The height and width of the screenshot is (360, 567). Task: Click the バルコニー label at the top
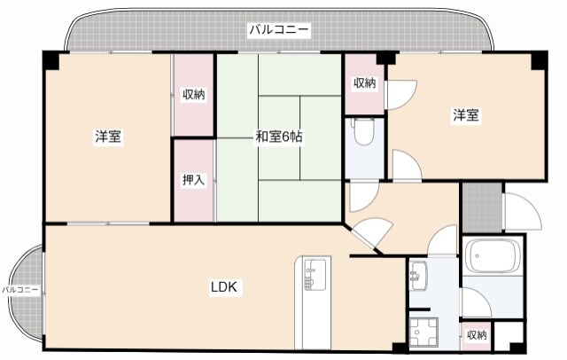coord(278,30)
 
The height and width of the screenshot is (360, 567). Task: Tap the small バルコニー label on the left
coord(19,290)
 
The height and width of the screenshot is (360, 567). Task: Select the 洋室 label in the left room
coord(108,137)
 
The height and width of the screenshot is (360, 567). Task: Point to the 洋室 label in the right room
coord(466,115)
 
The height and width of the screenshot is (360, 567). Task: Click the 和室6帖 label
coord(279,137)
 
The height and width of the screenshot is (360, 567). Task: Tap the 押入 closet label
coord(193,180)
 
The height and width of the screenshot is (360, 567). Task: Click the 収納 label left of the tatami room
coord(194,95)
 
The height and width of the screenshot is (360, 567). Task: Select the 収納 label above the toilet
coord(364,83)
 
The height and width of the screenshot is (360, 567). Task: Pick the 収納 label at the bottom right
coord(477,335)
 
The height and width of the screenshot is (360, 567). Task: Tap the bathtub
coord(494,257)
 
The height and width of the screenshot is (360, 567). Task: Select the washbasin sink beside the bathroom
coord(418,276)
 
